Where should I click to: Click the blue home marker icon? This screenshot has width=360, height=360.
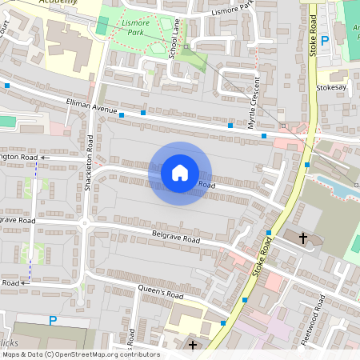180,173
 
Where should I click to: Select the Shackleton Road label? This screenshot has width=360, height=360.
90,163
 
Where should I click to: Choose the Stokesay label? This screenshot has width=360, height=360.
331,87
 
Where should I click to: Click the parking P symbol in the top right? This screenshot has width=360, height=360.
325,40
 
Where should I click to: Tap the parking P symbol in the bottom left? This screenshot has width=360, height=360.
53,321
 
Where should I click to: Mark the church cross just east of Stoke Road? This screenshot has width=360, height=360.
303,238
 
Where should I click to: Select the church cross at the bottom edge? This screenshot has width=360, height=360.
192,345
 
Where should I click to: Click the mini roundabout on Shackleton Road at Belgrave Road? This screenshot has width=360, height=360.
84,223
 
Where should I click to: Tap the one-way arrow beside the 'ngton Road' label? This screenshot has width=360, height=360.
44,158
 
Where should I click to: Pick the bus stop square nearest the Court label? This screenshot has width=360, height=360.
7,85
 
